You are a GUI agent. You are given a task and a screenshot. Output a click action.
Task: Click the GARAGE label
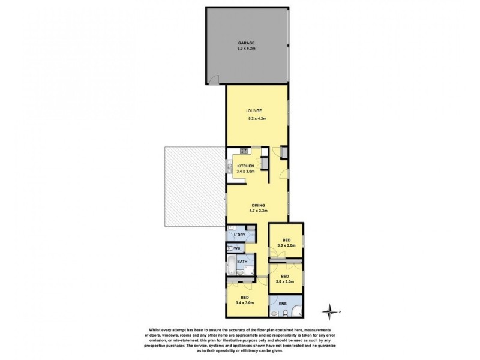pyautogui.click(x=246, y=43)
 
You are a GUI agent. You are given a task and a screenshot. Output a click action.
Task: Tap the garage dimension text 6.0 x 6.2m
pyautogui.click(x=246, y=49)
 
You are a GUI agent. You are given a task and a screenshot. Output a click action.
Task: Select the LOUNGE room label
pyautogui.click(x=254, y=111)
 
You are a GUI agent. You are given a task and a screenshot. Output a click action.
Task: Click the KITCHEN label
pyautogui.click(x=246, y=166)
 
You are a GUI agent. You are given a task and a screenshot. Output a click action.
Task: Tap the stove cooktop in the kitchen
pyautogui.click(x=243, y=150)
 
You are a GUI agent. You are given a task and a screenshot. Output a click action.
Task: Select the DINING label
pyautogui.click(x=258, y=205)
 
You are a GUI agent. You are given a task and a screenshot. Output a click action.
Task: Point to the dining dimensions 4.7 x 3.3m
pyautogui.click(x=258, y=211)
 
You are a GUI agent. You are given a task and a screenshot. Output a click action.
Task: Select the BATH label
pyautogui.click(x=242, y=262)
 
